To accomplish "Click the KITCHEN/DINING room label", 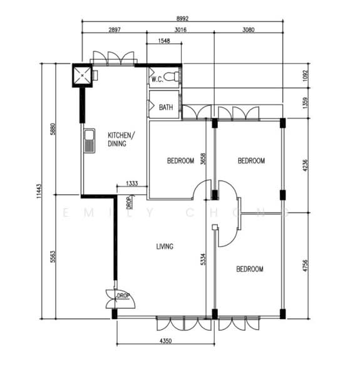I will [120, 139].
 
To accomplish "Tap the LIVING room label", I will [165, 246].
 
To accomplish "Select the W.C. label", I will [157, 79].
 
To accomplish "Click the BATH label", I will [166, 107].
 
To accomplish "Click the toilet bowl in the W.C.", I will [176, 76].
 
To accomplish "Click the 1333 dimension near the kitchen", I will [132, 183].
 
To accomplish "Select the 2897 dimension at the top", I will [114, 29].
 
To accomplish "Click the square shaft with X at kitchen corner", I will [82, 76].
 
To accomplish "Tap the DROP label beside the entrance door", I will [123, 295].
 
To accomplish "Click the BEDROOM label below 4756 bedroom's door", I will [249, 269].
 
